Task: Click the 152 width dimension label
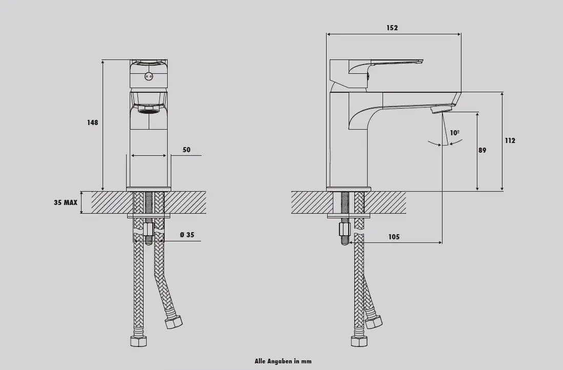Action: [x=392, y=28]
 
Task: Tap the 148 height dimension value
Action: [x=92, y=122]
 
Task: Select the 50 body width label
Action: [x=186, y=150]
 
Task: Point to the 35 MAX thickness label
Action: [x=65, y=203]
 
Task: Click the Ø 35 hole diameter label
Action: [x=187, y=235]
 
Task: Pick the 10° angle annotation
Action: [x=455, y=133]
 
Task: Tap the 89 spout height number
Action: [x=482, y=150]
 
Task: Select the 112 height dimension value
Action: [x=510, y=141]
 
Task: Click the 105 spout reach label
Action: [x=394, y=237]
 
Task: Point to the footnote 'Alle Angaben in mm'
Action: [x=283, y=361]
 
